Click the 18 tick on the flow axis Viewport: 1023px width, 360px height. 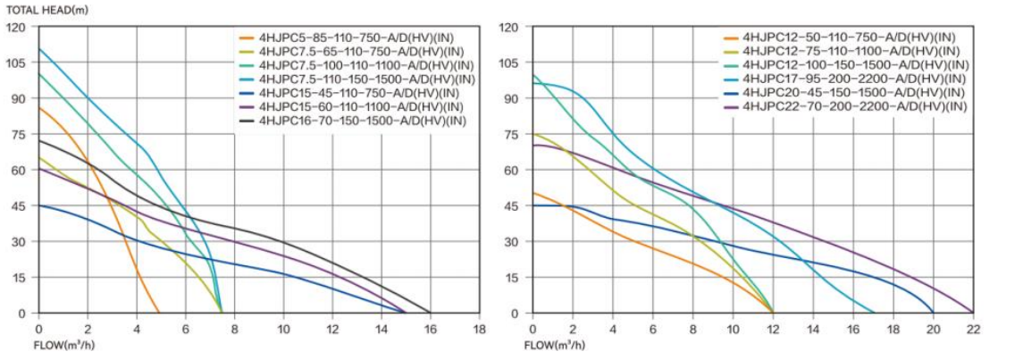point(479,329)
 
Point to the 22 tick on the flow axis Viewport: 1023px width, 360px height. point(973,329)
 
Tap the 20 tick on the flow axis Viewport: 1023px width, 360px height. point(933,329)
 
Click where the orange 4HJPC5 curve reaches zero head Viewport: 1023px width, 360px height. point(160,313)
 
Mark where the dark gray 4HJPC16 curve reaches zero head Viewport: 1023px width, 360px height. point(430,313)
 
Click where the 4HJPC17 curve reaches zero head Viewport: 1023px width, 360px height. point(873,313)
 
